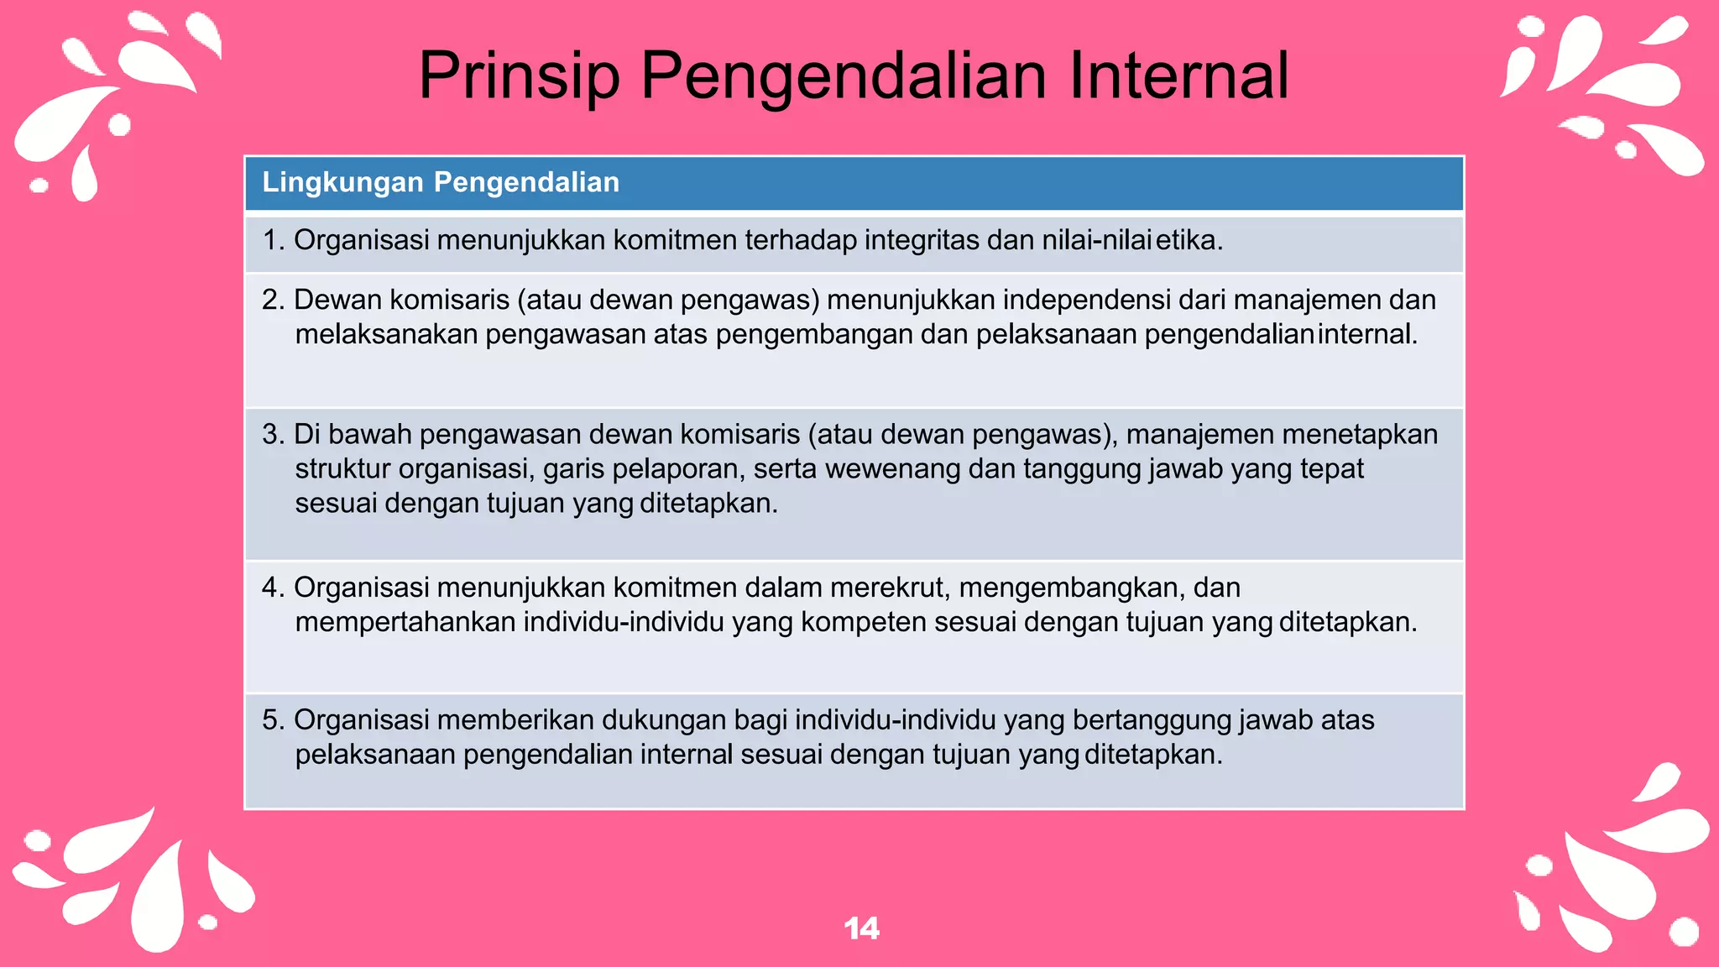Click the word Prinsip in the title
pyautogui.click(x=519, y=76)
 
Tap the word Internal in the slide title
pyautogui.click(x=1178, y=76)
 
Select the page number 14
pyautogui.click(x=861, y=928)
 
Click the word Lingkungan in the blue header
pyautogui.click(x=342, y=182)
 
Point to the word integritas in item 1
pyautogui.click(x=922, y=240)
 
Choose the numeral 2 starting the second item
pyautogui.click(x=270, y=300)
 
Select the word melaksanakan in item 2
pyautogui.click(x=386, y=334)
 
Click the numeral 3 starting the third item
pyautogui.click(x=270, y=434)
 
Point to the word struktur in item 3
pyautogui.click(x=342, y=468)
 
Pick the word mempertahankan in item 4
pyautogui.click(x=405, y=622)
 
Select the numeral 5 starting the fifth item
pyautogui.click(x=270, y=720)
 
